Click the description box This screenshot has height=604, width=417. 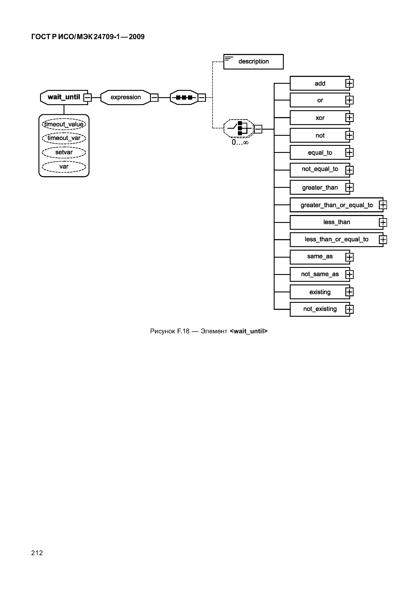click(253, 62)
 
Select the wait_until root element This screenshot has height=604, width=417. click(64, 97)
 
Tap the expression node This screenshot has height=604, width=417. click(125, 97)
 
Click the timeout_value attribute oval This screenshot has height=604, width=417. click(64, 124)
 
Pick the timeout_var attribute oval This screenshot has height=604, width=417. click(64, 138)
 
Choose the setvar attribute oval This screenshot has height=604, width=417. click(64, 152)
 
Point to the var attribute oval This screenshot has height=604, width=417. click(64, 166)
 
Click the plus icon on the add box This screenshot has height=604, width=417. click(349, 84)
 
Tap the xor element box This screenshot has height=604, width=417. click(320, 118)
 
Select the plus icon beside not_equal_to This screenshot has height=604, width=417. click(349, 170)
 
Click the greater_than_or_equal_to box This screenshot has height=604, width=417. click(336, 205)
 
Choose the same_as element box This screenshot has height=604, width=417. click(320, 257)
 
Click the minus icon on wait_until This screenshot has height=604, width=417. click(87, 98)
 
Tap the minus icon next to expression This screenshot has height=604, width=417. click(154, 98)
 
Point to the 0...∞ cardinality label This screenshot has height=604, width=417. click(240, 142)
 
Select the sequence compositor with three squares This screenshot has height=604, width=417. click(184, 98)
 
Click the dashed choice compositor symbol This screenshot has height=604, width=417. click(239, 128)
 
